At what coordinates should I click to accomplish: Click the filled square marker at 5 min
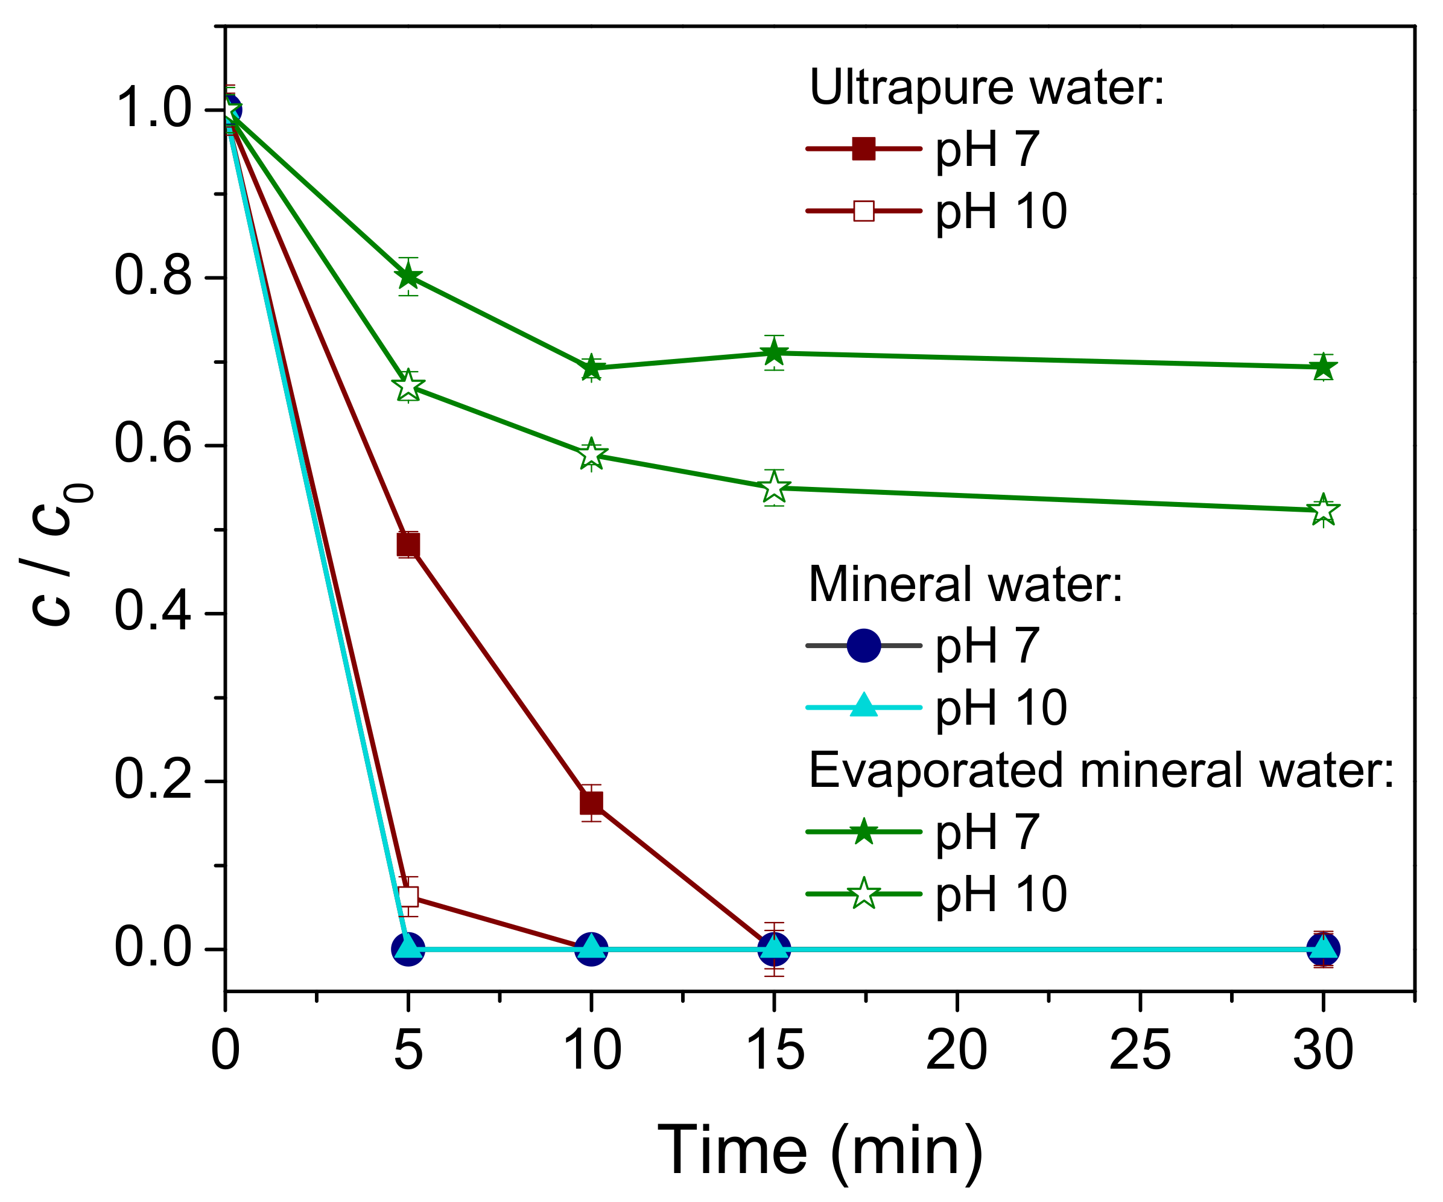point(408,545)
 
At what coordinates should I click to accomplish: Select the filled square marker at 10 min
point(591,803)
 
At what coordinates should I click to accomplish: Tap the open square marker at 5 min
point(408,897)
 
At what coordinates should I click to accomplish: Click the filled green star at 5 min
point(408,276)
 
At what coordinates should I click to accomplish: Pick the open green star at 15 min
point(775,488)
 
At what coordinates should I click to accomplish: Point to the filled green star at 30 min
point(1323,367)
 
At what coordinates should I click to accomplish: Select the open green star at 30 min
point(1323,510)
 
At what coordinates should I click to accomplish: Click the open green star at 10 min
point(591,454)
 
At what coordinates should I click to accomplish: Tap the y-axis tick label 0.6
point(152,445)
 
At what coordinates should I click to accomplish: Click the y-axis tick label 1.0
point(152,109)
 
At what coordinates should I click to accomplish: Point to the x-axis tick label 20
point(957,1051)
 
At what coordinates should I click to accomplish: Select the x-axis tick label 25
point(1140,1051)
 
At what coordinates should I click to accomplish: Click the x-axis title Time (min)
point(820,1151)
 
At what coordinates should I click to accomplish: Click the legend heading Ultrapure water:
point(987,87)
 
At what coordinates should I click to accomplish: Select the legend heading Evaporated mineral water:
point(1101,770)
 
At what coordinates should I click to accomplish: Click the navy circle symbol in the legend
point(864,645)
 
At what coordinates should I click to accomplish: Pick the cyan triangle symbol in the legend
point(864,707)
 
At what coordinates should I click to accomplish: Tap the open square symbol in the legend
point(864,211)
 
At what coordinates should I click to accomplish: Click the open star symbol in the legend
point(864,894)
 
